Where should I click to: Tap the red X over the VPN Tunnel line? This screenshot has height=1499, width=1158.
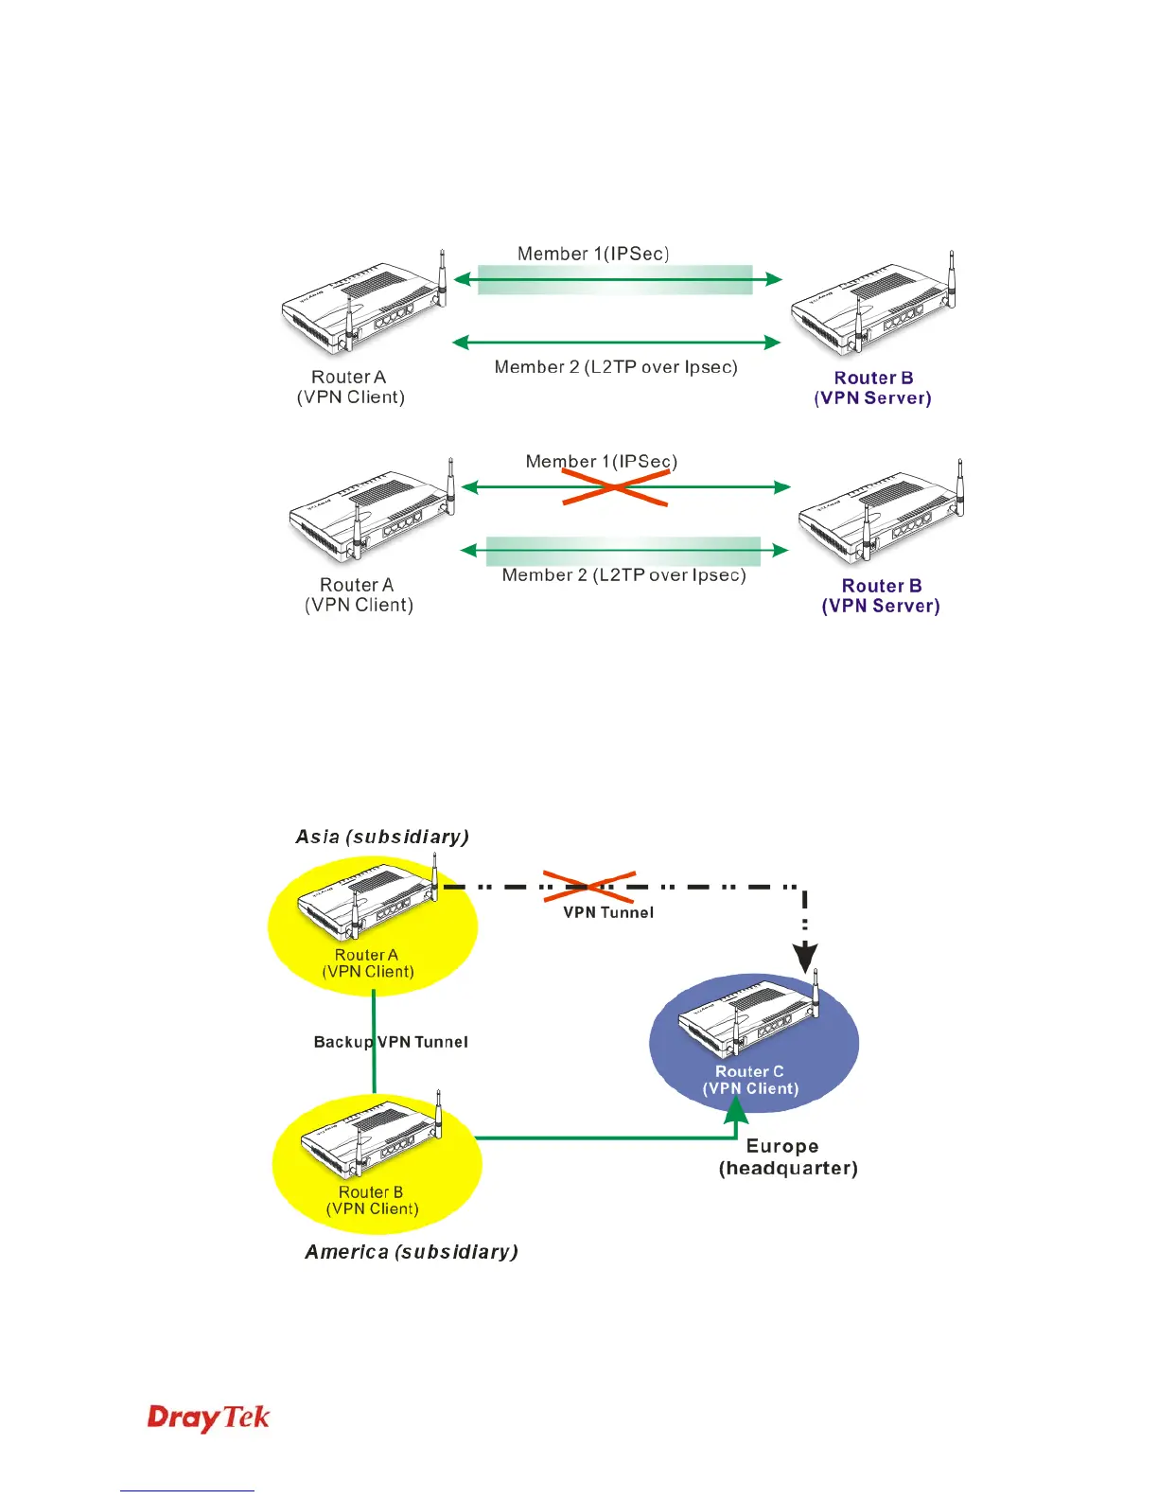[x=589, y=887]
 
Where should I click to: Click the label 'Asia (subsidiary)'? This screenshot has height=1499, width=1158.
[x=382, y=837]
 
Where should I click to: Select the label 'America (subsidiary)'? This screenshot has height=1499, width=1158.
[x=412, y=1252]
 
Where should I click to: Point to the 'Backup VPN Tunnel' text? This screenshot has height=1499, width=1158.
[x=391, y=1042]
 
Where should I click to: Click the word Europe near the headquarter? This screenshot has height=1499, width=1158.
[x=782, y=1147]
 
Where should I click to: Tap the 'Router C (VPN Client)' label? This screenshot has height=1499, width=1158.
[x=750, y=1080]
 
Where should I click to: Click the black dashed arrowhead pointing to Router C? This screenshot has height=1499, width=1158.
[x=805, y=958]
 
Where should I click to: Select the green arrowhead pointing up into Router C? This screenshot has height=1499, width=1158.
[x=736, y=1110]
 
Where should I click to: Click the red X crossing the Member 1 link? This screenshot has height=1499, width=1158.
[x=615, y=487]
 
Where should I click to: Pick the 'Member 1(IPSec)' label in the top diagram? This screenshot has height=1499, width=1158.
[x=593, y=254]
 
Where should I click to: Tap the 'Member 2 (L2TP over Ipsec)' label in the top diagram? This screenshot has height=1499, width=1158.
[x=616, y=367]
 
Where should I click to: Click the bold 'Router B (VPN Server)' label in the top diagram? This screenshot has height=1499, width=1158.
[x=873, y=388]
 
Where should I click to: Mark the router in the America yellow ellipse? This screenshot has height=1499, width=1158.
[x=371, y=1134]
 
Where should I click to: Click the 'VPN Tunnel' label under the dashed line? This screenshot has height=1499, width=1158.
[x=608, y=912]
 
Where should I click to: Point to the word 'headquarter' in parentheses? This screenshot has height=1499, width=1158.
[x=788, y=1169]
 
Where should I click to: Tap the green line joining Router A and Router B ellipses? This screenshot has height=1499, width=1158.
[x=374, y=1042]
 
